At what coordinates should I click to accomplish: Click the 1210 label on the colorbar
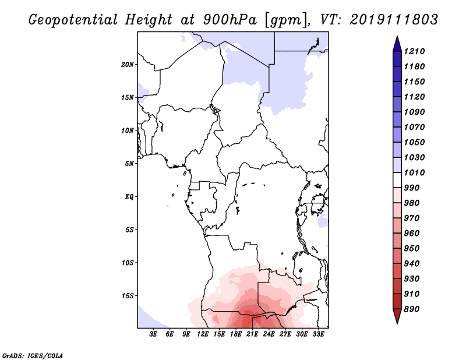(416, 51)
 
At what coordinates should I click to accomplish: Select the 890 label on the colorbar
(416, 309)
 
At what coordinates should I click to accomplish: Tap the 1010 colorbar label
(416, 172)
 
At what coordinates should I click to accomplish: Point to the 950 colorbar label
(416, 248)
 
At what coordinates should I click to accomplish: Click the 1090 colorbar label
(416, 112)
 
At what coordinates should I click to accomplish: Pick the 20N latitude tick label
(128, 64)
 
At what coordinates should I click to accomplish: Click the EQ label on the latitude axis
(129, 196)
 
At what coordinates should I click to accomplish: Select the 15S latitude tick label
(128, 295)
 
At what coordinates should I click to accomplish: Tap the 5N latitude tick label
(130, 163)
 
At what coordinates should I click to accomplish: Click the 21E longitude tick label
(252, 334)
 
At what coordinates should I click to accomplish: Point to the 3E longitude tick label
(154, 334)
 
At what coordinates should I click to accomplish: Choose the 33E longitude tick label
(318, 334)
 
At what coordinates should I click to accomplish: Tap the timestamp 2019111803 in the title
(394, 19)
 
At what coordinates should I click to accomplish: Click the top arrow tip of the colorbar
(397, 38)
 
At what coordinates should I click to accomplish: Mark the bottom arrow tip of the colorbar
(397, 322)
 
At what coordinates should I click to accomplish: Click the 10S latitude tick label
(128, 262)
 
